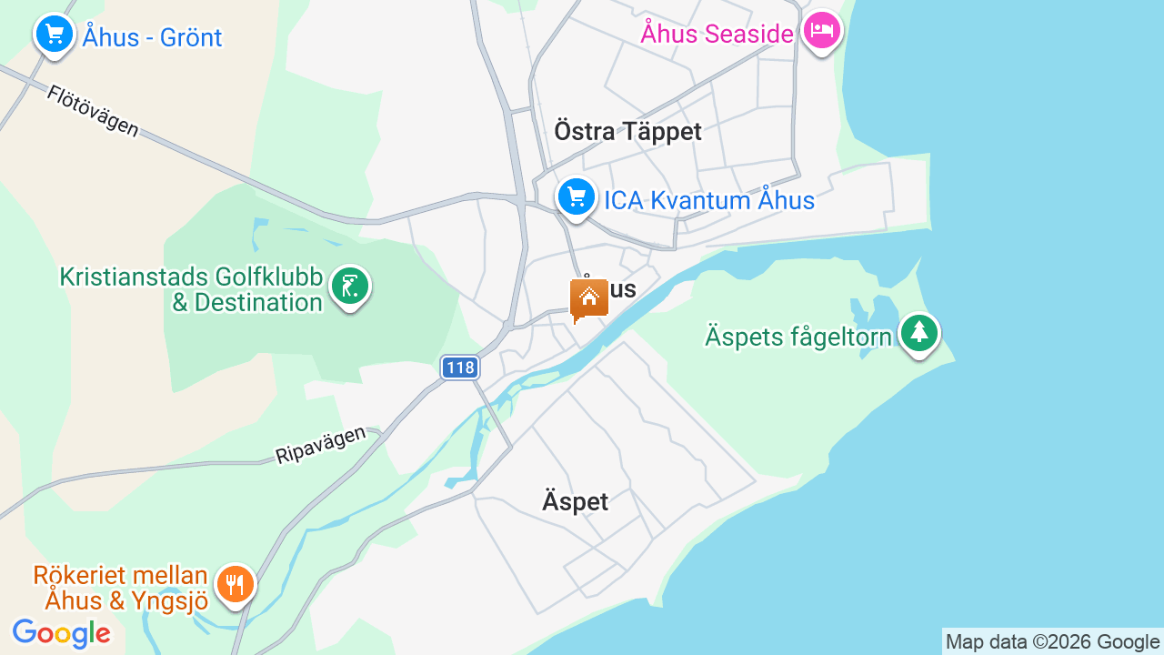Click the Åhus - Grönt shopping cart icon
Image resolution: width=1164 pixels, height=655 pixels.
click(55, 35)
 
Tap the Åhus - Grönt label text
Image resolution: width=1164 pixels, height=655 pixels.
click(152, 37)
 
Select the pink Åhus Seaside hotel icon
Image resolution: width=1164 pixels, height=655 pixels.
click(822, 31)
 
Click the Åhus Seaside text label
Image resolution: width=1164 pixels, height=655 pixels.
click(717, 34)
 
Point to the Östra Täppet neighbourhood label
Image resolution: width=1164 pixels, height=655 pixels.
click(627, 132)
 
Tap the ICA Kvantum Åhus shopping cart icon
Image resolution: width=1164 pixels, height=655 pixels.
click(577, 196)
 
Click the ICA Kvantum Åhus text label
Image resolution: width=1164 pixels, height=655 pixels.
click(709, 200)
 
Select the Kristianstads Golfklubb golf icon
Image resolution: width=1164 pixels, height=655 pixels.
click(350, 287)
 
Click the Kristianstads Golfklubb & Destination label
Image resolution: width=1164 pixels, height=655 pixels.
click(191, 289)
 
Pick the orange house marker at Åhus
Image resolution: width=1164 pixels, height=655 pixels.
click(589, 298)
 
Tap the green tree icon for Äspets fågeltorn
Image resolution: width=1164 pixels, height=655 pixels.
click(919, 333)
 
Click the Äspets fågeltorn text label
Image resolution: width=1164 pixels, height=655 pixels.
click(798, 338)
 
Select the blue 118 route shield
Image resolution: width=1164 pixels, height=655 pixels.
click(460, 368)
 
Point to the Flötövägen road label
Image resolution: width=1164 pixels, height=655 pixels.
click(93, 111)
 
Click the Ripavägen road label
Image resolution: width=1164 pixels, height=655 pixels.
click(320, 445)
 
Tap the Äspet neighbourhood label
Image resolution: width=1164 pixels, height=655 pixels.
click(575, 501)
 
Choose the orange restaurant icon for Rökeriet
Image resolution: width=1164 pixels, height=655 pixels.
click(236, 584)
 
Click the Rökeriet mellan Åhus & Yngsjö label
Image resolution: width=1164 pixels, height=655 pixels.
click(120, 588)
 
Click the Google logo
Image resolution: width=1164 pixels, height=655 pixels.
click(61, 633)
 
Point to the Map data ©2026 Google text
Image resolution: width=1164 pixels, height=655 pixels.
click(1052, 642)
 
